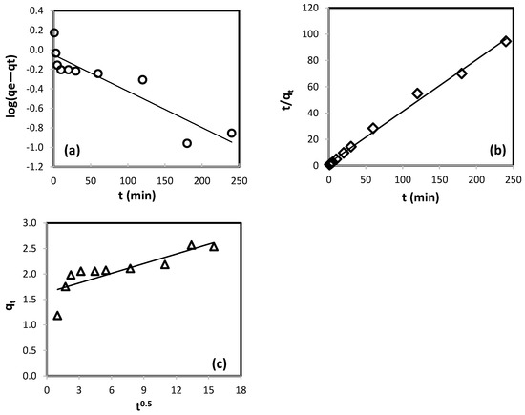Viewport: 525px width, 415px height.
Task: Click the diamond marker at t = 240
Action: click(506, 41)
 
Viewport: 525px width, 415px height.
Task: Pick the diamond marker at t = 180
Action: click(462, 73)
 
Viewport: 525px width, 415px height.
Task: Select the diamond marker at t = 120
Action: click(417, 93)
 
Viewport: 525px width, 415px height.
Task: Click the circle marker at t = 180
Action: click(187, 143)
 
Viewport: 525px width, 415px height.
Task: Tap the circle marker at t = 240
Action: click(232, 133)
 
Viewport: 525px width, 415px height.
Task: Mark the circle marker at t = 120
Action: click(142, 79)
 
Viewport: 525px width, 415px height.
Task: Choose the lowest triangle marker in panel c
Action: click(57, 315)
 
